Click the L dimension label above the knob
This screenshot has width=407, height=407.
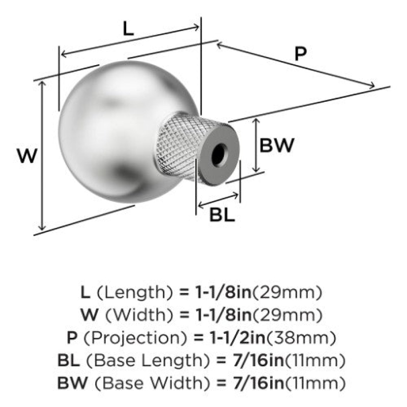[128, 28]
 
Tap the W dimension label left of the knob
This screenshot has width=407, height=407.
[27, 156]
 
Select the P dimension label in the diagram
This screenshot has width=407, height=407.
[301, 54]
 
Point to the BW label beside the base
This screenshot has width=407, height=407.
[277, 146]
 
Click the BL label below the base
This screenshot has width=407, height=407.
[222, 215]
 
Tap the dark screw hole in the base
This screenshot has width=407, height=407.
[219, 155]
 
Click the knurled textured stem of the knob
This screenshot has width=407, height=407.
[179, 146]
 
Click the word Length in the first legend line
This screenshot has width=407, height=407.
[135, 293]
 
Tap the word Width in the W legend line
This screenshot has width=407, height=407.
[139, 315]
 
